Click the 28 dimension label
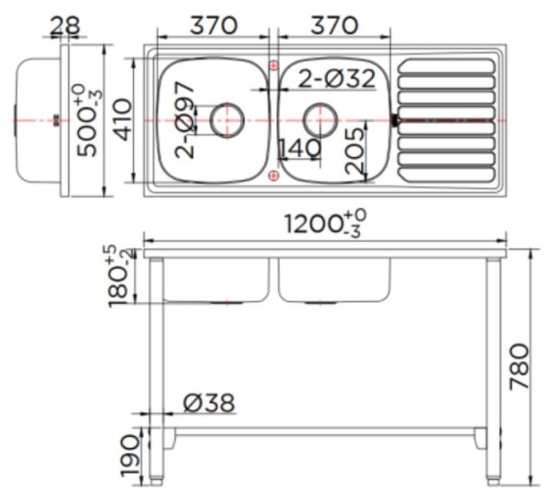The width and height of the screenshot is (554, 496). [x=64, y=25]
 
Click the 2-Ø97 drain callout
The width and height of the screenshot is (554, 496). [x=186, y=119]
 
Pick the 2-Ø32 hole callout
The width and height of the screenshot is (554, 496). [x=336, y=79]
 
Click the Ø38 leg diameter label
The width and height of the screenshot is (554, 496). [x=208, y=403]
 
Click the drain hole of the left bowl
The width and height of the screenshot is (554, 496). [x=226, y=119]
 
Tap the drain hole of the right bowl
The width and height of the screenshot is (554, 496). [x=319, y=119]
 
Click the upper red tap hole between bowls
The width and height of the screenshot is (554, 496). [x=272, y=65]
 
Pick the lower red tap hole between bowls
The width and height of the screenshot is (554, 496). [x=272, y=175]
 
